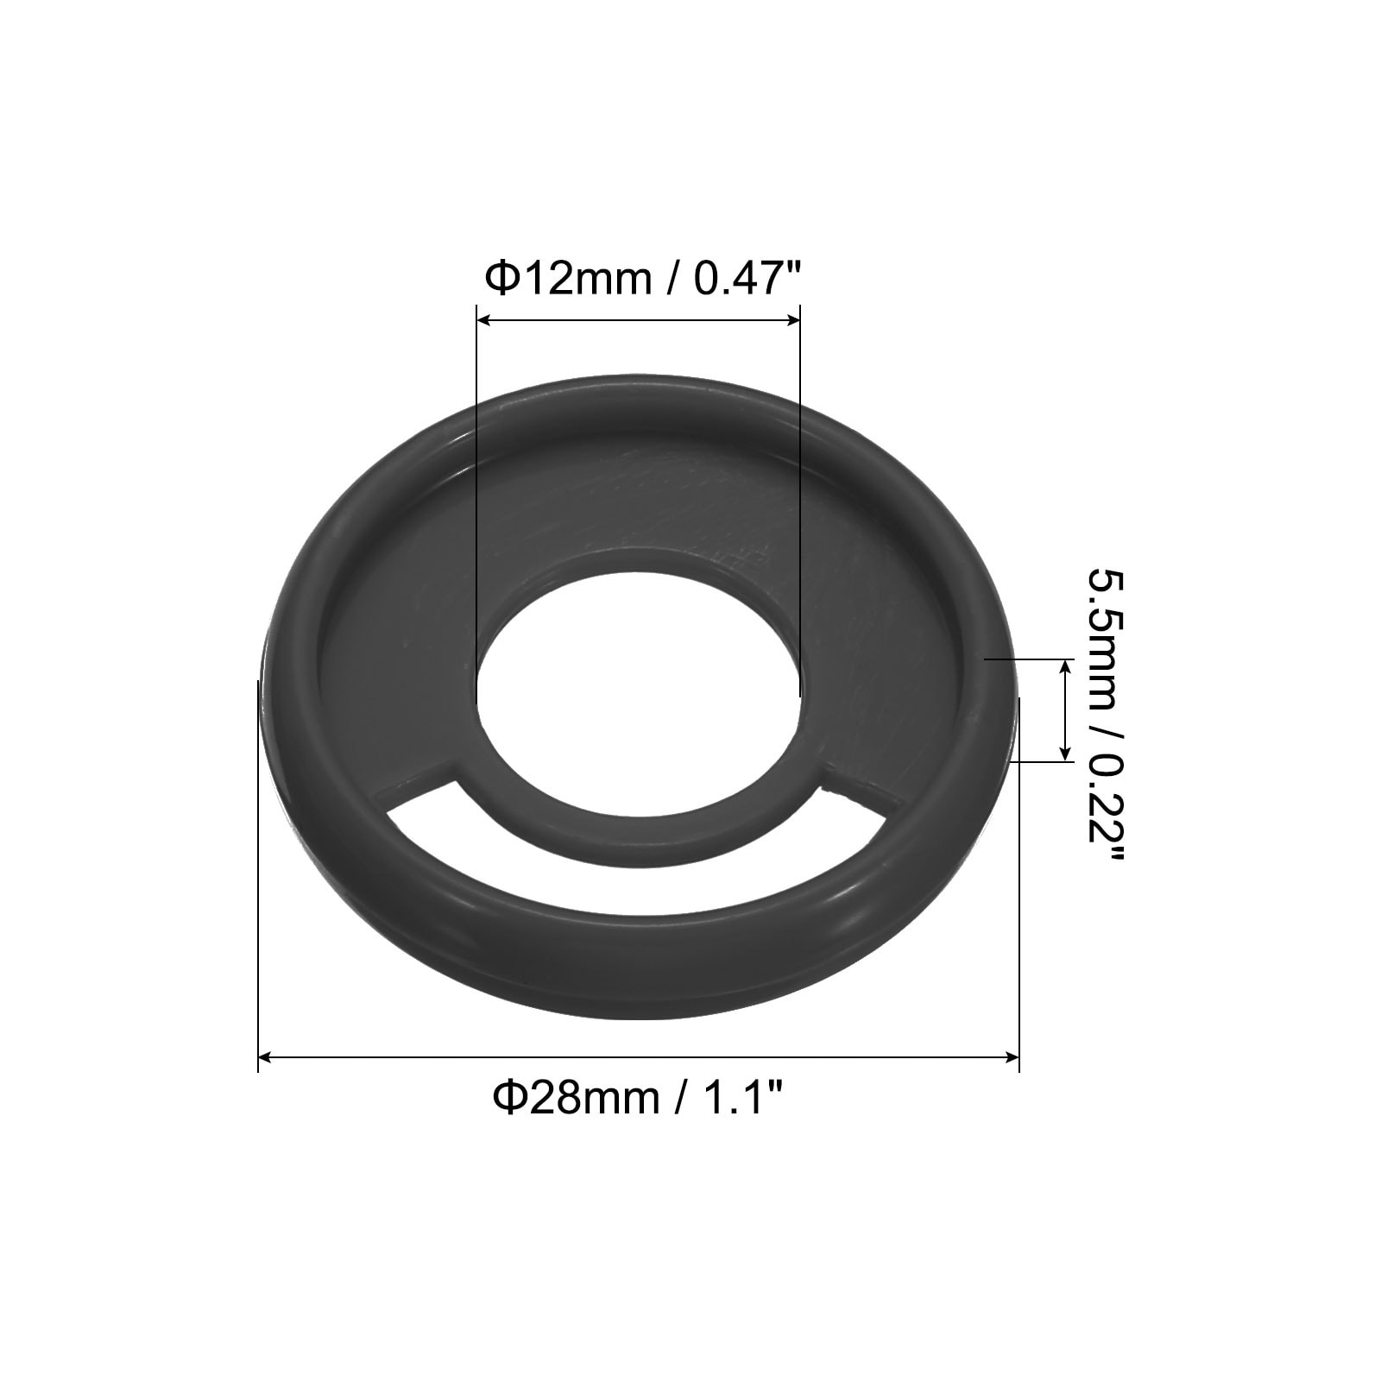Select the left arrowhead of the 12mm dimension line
coord(486,320)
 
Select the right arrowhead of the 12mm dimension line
coord(791,320)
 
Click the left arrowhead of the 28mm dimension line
coord(268,1057)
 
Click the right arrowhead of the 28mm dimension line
coord(1010,1057)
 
